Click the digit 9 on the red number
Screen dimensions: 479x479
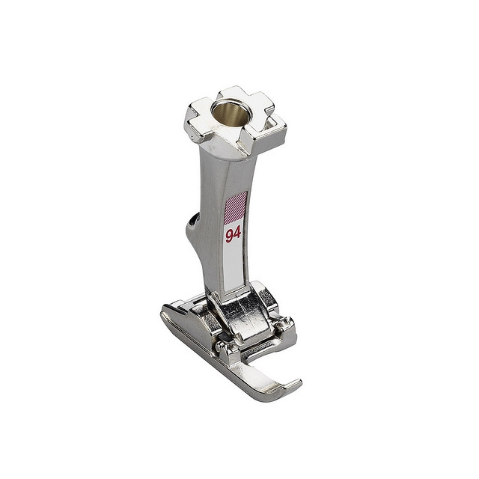230,237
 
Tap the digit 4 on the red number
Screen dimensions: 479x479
237,234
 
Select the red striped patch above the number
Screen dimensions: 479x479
235,207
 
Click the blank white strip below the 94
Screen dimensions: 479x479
234,265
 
